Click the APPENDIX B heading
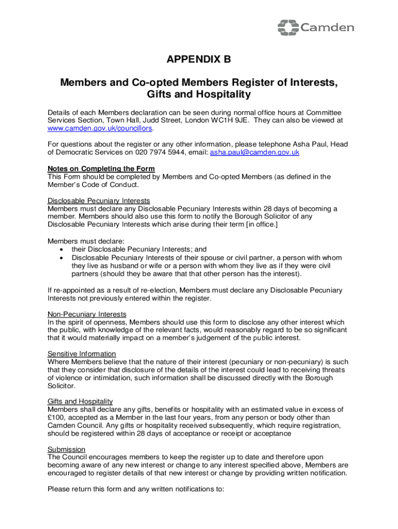[x=198, y=60]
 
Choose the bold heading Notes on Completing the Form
[x=101, y=168]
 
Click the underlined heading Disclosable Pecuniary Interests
[x=99, y=200]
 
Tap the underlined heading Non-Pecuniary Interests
[x=87, y=314]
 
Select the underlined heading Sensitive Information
[x=82, y=354]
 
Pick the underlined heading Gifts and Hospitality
[x=80, y=401]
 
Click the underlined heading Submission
[x=67, y=449]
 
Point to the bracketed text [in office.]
[x=256, y=224]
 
